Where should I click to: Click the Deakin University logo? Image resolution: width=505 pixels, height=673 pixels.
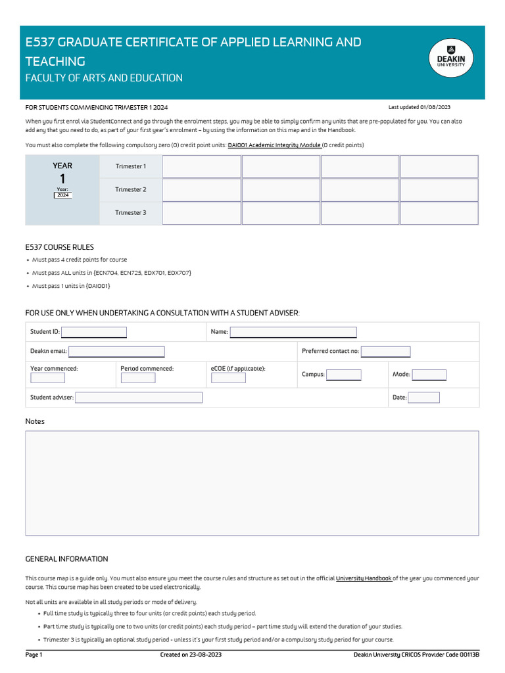click(450, 62)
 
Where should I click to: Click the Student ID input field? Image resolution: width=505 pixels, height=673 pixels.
click(93, 333)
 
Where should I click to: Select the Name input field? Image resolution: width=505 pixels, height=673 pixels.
click(293, 333)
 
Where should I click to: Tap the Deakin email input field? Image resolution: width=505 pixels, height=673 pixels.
click(116, 352)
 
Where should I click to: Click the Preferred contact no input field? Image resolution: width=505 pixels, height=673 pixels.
click(385, 352)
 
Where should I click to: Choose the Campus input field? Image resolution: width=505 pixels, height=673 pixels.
click(344, 375)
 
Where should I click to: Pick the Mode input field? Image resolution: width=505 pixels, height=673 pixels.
click(429, 375)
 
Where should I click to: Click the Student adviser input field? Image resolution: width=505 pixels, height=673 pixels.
click(139, 398)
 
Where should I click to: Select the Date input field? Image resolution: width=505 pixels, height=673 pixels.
click(424, 398)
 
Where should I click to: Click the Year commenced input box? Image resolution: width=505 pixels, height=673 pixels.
click(47, 378)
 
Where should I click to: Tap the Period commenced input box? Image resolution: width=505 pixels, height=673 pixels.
click(138, 378)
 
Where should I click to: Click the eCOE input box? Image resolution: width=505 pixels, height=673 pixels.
click(228, 378)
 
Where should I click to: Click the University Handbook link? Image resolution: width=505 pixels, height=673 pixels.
click(364, 578)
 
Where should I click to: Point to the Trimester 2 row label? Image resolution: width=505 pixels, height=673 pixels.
click(130, 190)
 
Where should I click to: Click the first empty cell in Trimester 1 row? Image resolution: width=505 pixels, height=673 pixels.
click(201, 167)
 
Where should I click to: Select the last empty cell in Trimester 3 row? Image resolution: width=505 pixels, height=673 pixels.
click(439, 213)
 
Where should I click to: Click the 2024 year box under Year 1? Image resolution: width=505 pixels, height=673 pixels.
click(63, 195)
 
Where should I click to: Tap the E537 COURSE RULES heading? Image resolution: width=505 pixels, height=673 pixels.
click(59, 247)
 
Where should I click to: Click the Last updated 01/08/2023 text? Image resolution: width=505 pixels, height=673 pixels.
click(419, 107)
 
